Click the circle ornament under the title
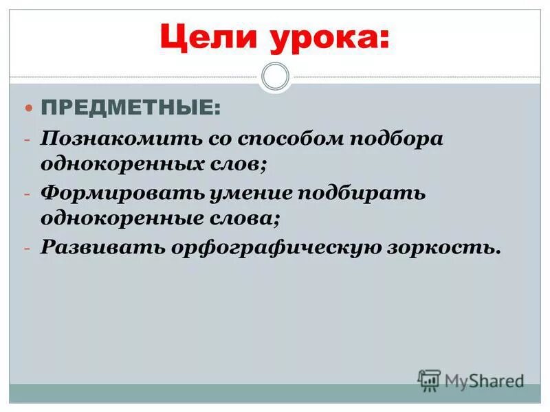[276, 76]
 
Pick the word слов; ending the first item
[241, 165]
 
